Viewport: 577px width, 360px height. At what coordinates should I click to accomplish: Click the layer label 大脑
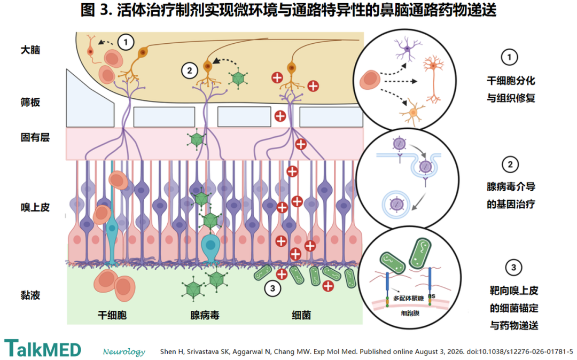[30, 50]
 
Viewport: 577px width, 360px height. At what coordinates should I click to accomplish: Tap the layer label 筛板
[30, 102]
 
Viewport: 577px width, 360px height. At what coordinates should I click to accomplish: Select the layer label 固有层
[35, 137]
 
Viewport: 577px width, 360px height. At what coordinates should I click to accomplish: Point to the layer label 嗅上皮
[35, 207]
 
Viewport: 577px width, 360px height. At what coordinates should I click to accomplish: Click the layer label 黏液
[30, 295]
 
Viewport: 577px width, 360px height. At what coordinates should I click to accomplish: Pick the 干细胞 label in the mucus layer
[112, 315]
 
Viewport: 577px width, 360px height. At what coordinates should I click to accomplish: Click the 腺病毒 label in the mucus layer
[205, 315]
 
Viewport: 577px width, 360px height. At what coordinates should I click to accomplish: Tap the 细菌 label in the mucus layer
[301, 315]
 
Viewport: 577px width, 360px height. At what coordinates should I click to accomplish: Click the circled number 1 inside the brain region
[126, 42]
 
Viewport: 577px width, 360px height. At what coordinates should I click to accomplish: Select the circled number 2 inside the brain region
[190, 70]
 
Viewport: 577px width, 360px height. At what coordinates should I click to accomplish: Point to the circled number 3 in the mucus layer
[272, 288]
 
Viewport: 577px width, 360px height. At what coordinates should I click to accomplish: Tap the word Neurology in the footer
[124, 351]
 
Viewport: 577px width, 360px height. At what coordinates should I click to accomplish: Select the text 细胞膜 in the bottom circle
[410, 314]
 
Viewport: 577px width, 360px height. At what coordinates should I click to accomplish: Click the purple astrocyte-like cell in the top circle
[408, 48]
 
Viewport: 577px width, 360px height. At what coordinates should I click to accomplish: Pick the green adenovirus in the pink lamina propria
[196, 140]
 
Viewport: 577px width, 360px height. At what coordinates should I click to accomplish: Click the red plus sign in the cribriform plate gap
[280, 116]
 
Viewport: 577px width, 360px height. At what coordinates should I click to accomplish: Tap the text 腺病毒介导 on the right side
[511, 187]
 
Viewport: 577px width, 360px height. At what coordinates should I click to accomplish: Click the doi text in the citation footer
[520, 351]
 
